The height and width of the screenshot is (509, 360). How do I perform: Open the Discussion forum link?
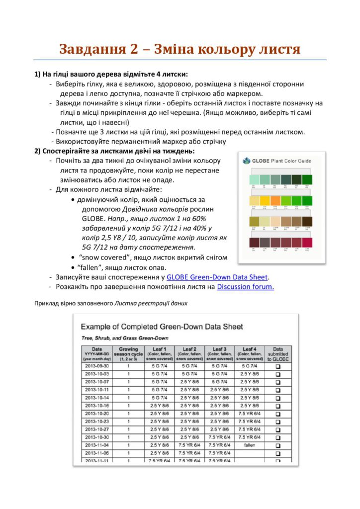pos(245,287)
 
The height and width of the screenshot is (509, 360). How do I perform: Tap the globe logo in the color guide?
pos(246,161)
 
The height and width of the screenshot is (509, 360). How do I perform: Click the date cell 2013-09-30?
pos(96,366)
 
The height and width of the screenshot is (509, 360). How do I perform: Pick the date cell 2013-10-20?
pos(96,413)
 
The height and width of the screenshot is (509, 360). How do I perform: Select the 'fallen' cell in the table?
pos(250,445)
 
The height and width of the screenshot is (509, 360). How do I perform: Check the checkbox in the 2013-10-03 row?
pos(278,374)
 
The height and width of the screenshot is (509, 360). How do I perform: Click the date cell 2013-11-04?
pos(96,445)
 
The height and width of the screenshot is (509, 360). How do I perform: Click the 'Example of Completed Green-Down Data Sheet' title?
pos(162,327)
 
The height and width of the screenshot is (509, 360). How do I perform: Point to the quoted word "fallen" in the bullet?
pos(90,267)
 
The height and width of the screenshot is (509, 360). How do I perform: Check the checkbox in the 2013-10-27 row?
pos(278,429)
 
